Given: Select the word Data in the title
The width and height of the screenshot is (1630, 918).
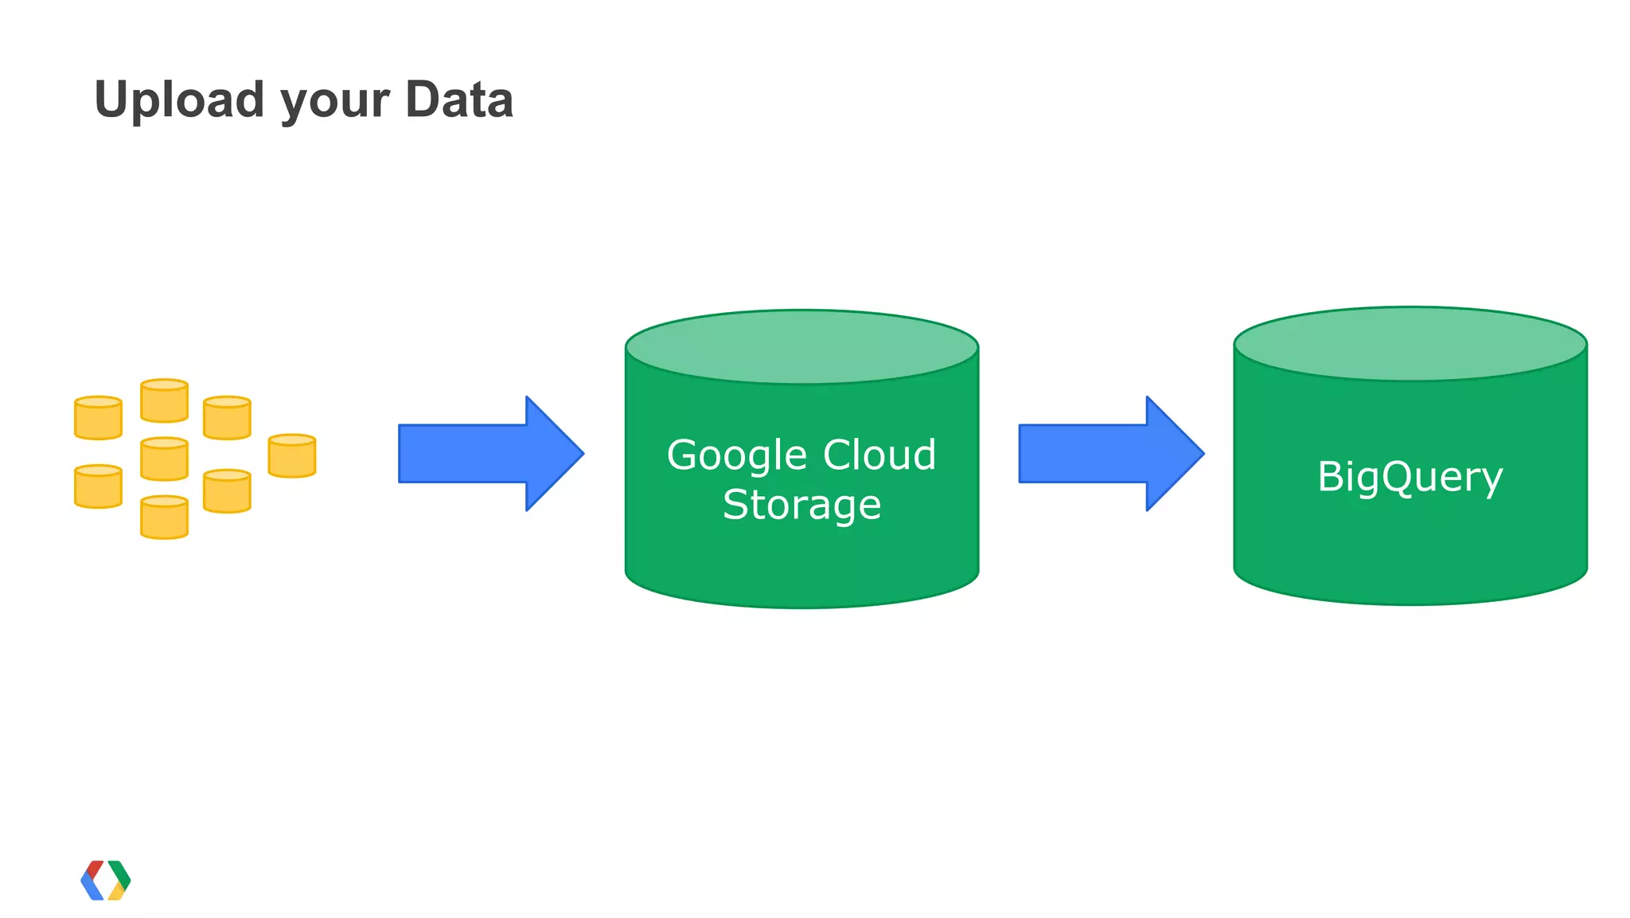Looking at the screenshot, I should pyautogui.click(x=459, y=100).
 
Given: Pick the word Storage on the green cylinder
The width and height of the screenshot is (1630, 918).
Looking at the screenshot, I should pyautogui.click(x=801, y=505).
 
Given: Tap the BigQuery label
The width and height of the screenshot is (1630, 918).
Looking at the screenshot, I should pyautogui.click(x=1410, y=477).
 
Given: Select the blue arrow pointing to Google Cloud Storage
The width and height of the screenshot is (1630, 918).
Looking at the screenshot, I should pyautogui.click(x=490, y=453).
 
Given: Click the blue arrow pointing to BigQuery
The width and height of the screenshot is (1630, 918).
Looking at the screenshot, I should pyautogui.click(x=1110, y=453).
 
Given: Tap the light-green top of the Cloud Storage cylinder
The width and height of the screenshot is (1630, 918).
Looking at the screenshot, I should pyautogui.click(x=801, y=347).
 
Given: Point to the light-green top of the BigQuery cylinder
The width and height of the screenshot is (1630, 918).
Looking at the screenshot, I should pyautogui.click(x=1410, y=344).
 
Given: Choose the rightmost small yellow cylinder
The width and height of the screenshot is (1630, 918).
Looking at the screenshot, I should pyautogui.click(x=292, y=456).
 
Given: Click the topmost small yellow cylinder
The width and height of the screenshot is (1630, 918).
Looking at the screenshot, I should pyautogui.click(x=164, y=400).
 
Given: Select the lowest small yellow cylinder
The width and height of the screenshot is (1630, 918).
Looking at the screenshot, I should pyautogui.click(x=164, y=518).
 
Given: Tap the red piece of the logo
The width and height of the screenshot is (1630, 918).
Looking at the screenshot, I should pyautogui.click(x=96, y=869).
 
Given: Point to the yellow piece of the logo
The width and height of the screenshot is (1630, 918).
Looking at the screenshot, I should pyautogui.click(x=116, y=892).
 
